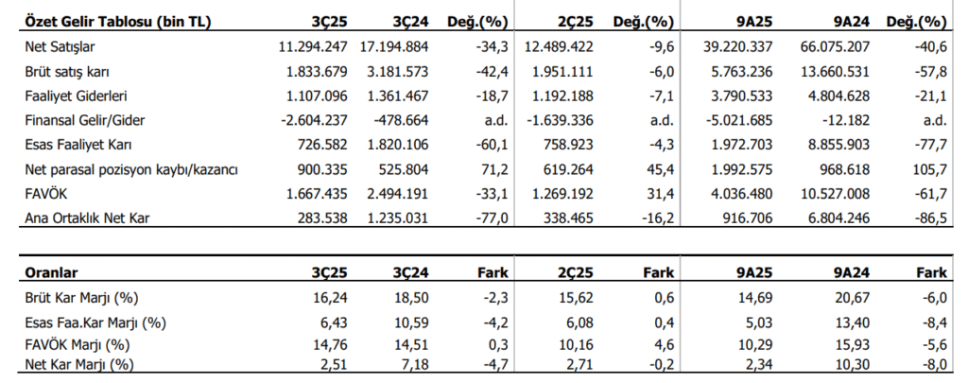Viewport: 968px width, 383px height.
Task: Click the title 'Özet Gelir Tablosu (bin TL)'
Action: [x=118, y=23]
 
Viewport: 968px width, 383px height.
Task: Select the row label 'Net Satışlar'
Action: [x=60, y=46]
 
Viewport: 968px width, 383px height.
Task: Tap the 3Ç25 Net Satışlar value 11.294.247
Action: [x=313, y=46]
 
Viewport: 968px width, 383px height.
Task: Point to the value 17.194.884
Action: [x=393, y=46]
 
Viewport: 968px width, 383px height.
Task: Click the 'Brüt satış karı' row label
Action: [x=67, y=72]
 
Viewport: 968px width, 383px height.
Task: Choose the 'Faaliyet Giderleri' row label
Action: [x=76, y=96]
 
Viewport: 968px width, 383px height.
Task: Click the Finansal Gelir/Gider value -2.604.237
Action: [x=314, y=121]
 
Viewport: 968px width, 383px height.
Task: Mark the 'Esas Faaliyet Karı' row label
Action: [x=78, y=146]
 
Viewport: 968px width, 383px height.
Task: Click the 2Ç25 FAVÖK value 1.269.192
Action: [x=560, y=195]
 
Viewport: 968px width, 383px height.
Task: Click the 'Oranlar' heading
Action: [x=51, y=272]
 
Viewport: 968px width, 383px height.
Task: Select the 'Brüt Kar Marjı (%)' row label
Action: [x=81, y=298]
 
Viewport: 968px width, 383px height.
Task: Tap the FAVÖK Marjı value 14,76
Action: [x=333, y=344]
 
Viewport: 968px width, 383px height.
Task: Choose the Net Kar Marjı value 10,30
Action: [x=855, y=364]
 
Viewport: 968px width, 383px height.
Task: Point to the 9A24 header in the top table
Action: [x=853, y=23]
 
